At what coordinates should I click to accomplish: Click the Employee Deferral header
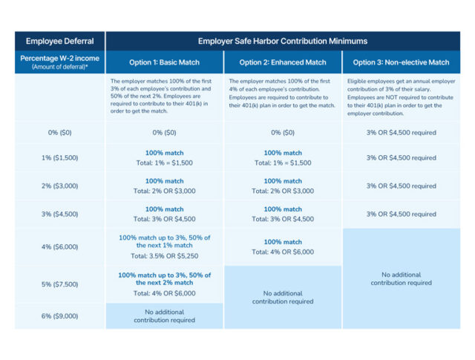(x=59, y=42)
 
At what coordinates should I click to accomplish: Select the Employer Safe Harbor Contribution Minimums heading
(x=283, y=42)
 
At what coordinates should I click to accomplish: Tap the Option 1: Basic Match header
(x=164, y=62)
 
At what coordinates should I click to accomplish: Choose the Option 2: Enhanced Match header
(x=282, y=62)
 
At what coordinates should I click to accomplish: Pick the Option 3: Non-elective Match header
(x=402, y=62)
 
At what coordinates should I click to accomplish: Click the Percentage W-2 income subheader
(x=59, y=62)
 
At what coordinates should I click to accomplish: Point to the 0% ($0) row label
(x=59, y=132)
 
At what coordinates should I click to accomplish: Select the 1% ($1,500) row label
(x=59, y=158)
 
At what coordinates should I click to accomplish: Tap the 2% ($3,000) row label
(x=59, y=186)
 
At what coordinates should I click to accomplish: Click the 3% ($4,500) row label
(x=59, y=214)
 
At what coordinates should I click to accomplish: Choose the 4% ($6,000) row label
(x=59, y=246)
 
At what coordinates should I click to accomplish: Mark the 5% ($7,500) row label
(x=59, y=284)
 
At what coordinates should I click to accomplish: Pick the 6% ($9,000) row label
(x=59, y=315)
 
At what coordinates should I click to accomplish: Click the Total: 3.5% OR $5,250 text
(x=164, y=256)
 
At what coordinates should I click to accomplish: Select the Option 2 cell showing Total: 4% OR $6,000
(x=282, y=252)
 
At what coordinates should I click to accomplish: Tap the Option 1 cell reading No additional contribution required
(x=164, y=315)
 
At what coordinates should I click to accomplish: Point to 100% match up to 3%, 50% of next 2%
(x=164, y=278)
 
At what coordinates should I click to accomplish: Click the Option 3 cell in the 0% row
(x=402, y=132)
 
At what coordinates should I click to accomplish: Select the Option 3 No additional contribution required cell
(x=402, y=278)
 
